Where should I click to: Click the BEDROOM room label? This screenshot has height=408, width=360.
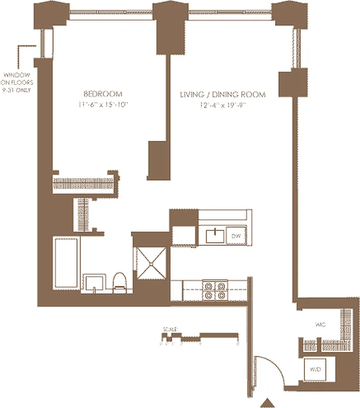[103, 94]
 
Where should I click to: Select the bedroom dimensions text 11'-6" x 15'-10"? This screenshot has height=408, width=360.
[103, 105]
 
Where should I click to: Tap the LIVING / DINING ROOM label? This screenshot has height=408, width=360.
[222, 94]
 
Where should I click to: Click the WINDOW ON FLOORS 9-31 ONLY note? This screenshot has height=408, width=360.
[17, 82]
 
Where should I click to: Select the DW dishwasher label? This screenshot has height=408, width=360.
[236, 236]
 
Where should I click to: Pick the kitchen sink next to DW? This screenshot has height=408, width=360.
[214, 236]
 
